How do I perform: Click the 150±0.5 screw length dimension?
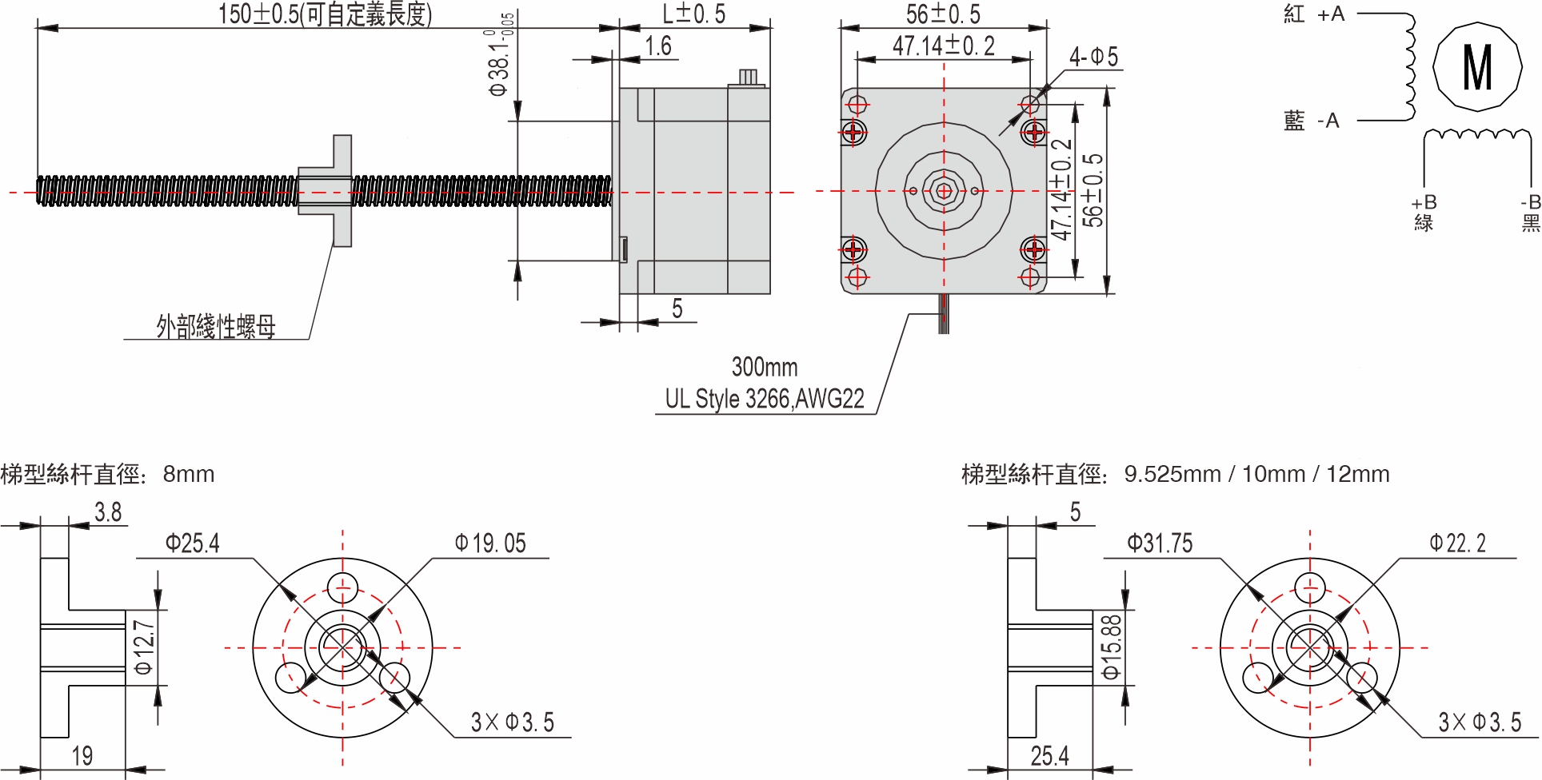325,14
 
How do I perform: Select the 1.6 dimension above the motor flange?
658,46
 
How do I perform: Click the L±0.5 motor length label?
693,14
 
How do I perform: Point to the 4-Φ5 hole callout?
1093,57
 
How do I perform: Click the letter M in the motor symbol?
1476,67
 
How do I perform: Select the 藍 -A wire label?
1311,121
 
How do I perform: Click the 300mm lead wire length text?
765,367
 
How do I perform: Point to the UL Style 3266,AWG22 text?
765,399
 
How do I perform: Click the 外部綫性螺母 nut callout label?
216,326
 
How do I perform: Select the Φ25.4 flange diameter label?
192,544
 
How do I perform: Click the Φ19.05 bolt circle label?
490,544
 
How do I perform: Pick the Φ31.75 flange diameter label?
1159,544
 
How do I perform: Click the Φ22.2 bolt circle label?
1457,544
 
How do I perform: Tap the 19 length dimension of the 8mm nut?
82,755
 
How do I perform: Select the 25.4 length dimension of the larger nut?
1049,755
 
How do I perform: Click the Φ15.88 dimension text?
1111,647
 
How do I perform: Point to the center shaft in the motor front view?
944,191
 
